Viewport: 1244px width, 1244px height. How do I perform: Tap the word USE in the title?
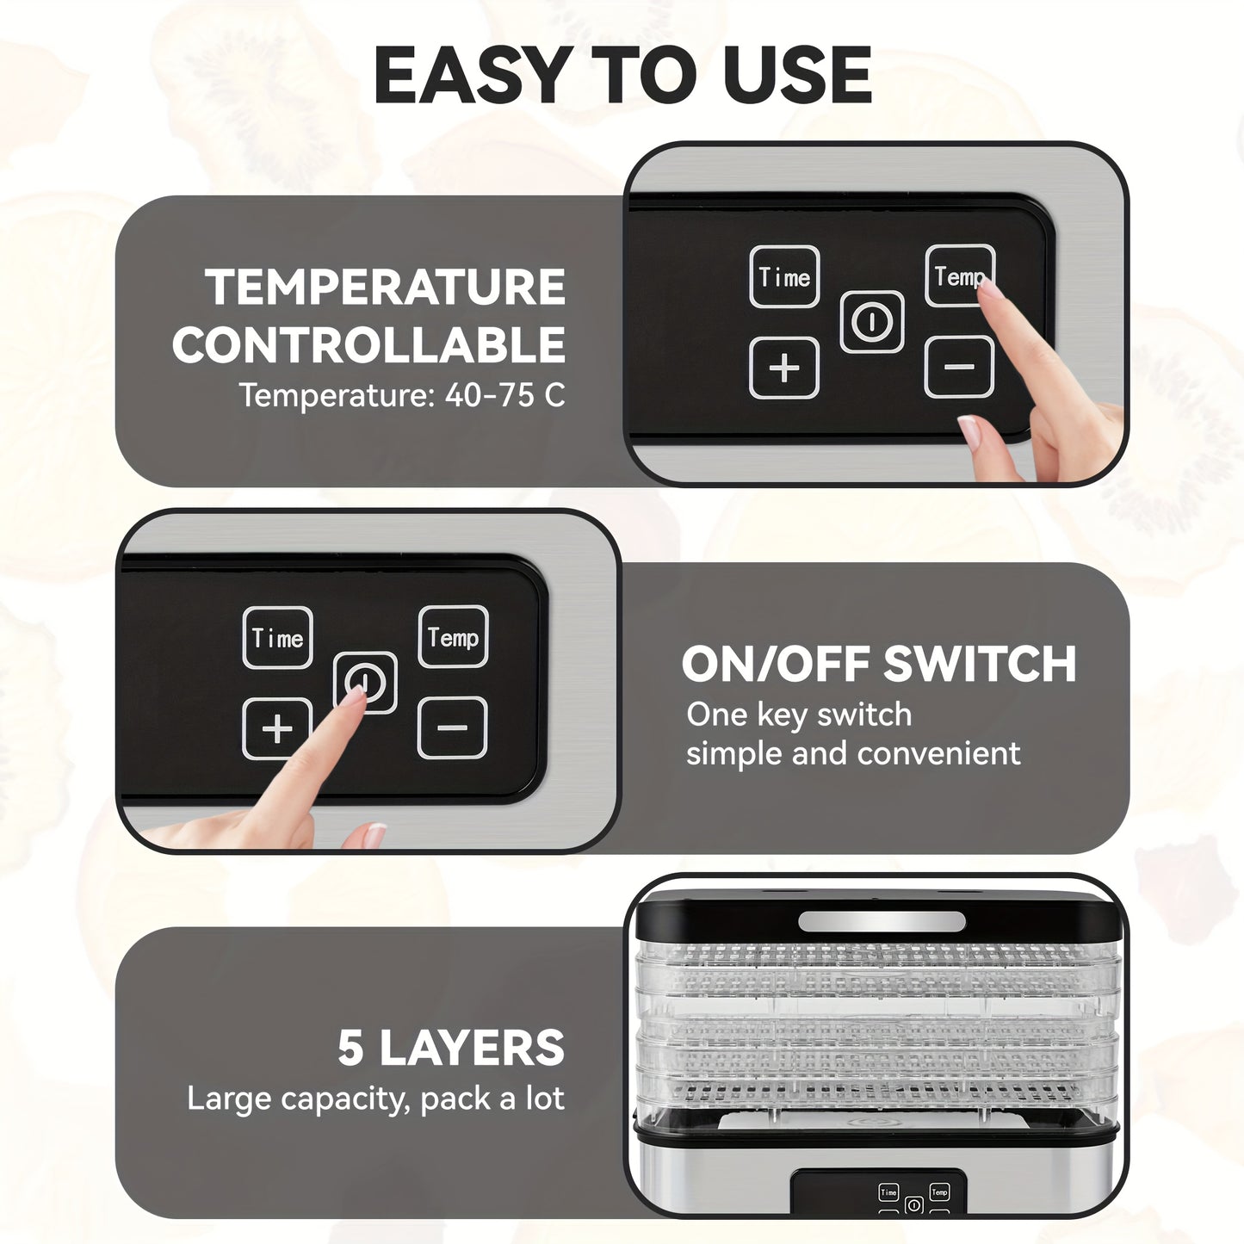coord(797,75)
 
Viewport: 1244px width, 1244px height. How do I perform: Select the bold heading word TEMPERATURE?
coord(385,287)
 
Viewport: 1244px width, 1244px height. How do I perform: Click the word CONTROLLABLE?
coord(368,344)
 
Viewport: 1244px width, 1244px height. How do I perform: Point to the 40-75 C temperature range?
coord(504,395)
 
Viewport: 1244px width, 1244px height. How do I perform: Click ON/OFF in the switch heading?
coord(776,664)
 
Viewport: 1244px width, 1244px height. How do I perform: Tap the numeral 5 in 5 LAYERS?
coord(350,1048)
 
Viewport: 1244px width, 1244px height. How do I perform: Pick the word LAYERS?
coord(472,1048)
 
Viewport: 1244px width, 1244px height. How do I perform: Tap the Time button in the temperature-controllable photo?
coord(784,276)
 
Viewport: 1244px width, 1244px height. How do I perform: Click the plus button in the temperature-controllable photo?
coord(783,368)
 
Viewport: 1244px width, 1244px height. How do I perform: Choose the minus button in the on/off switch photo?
coord(452,727)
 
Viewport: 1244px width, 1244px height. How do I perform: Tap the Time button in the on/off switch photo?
coord(277,638)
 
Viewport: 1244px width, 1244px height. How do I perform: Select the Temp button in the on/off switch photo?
coord(453,637)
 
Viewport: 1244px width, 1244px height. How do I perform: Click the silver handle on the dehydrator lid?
coord(882,921)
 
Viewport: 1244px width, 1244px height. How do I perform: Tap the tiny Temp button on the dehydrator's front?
coord(939,1192)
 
